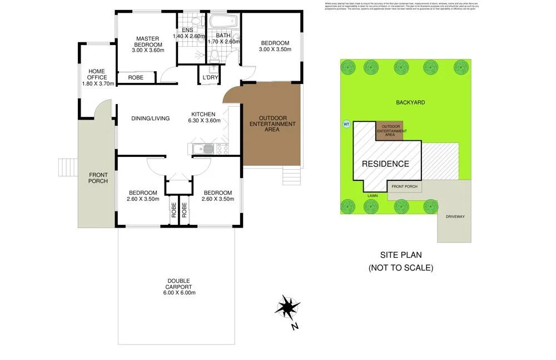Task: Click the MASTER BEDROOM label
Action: pyautogui.click(x=147, y=42)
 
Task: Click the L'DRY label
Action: pyautogui.click(x=210, y=77)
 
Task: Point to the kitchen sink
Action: pyautogui.click(x=203, y=149)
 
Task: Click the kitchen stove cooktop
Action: pyautogui.click(x=221, y=149)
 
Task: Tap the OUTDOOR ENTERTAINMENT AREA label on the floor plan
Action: pyautogui.click(x=272, y=124)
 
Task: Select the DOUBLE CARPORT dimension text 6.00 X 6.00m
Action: pyautogui.click(x=179, y=293)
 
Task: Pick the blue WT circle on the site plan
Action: pyautogui.click(x=346, y=124)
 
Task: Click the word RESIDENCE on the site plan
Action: pyautogui.click(x=385, y=164)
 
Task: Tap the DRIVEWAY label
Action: pyautogui.click(x=455, y=216)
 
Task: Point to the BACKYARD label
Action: pyautogui.click(x=410, y=102)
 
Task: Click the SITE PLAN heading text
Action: pyautogui.click(x=400, y=255)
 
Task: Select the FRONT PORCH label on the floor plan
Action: pyautogui.click(x=98, y=178)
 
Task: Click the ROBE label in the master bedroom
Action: pyautogui.click(x=136, y=78)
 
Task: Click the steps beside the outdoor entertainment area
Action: pyautogui.click(x=291, y=176)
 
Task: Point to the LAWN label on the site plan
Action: pyautogui.click(x=373, y=196)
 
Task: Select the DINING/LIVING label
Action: pyautogui.click(x=150, y=118)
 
